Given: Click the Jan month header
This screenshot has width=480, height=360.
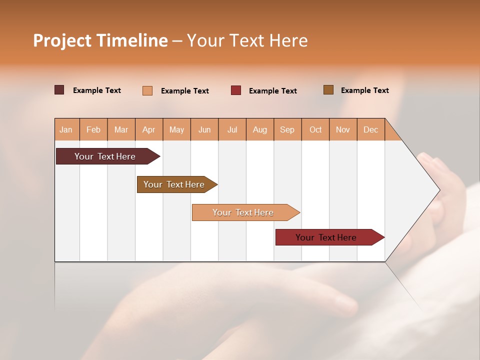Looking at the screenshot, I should tap(66, 129).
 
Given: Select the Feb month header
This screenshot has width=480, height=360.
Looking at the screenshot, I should tap(93, 129).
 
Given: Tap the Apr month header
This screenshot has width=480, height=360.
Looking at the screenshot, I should tap(149, 129).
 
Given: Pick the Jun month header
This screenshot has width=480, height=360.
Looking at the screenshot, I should tap(204, 129).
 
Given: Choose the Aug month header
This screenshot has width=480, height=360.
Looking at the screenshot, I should tap(260, 129).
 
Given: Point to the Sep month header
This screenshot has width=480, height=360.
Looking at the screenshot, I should tap(287, 129).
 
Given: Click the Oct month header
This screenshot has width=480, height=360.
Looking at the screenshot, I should tap(315, 129).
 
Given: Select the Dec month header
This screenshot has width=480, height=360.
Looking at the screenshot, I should tap(371, 129).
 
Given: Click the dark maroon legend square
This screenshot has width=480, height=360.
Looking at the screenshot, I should tap(59, 90).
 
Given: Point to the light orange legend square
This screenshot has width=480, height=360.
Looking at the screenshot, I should tap(147, 90).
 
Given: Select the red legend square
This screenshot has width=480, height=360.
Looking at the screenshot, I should tap(236, 90).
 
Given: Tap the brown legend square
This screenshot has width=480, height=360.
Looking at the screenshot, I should tap(328, 90).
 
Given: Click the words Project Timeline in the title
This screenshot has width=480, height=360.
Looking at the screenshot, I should tap(100, 40).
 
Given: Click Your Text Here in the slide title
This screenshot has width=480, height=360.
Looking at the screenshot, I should tap(247, 40).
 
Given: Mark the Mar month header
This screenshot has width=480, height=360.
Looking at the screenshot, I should tap(121, 129).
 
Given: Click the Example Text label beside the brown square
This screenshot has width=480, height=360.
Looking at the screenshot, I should tap(364, 90).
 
